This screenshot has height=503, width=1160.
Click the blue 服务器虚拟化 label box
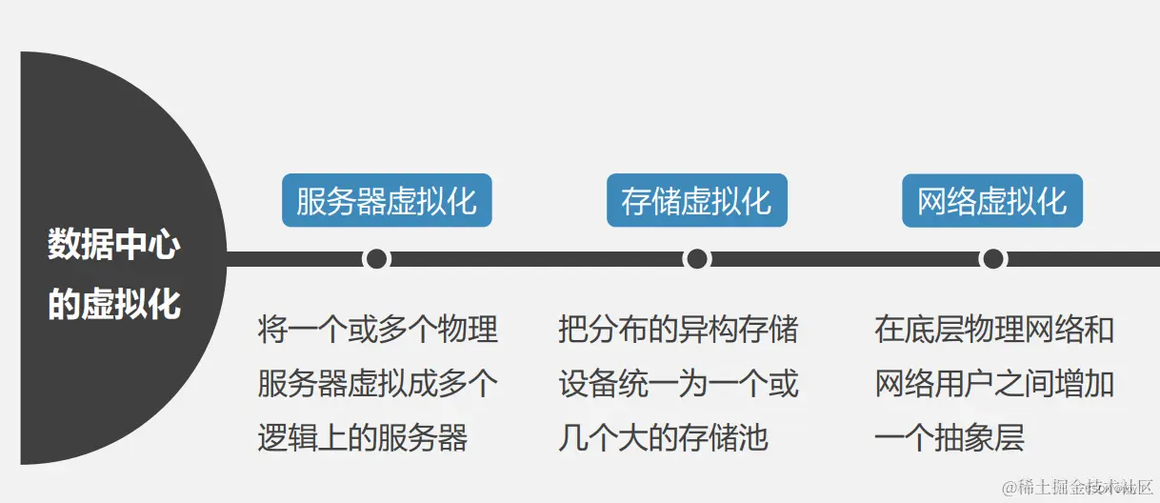(x=387, y=200)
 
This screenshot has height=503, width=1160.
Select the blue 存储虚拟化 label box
(x=696, y=200)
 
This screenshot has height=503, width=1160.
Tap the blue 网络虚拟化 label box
(x=992, y=200)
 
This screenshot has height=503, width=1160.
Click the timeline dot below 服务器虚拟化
(x=376, y=259)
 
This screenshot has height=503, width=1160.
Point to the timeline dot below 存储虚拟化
(x=696, y=259)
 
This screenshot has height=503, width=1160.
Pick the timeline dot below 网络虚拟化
(x=992, y=259)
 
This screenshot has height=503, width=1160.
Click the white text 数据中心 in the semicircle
(x=114, y=245)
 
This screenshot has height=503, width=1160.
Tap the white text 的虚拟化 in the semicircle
(x=114, y=304)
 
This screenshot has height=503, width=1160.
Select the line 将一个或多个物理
(x=378, y=330)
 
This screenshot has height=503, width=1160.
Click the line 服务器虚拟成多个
(x=378, y=384)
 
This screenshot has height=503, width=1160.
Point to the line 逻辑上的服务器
(x=363, y=438)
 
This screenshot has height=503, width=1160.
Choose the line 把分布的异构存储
(x=678, y=330)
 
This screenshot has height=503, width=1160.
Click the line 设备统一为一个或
(x=678, y=384)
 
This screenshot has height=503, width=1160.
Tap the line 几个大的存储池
(x=663, y=438)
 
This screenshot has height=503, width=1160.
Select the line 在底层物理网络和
(x=994, y=330)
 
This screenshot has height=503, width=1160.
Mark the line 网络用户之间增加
(x=994, y=384)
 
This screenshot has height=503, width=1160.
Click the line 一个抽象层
(x=949, y=438)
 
